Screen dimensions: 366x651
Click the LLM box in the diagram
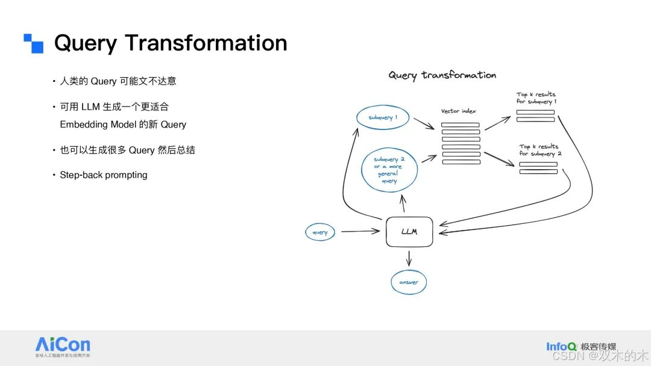409,231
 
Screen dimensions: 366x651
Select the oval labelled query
320,232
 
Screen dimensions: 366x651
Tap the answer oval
408,282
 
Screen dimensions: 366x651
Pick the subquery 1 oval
383,117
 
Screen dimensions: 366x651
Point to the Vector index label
459,111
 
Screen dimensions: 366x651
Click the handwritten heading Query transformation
442,75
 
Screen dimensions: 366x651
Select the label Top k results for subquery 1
536,98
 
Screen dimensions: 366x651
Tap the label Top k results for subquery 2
540,150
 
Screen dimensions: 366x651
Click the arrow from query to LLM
360,231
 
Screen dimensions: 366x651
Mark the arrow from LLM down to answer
409,258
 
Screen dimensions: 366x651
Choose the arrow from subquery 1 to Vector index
424,123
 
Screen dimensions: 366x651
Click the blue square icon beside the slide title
34,43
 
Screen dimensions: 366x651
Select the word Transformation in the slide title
206,43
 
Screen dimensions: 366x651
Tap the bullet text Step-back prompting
104,175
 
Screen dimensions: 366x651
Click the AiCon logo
63,346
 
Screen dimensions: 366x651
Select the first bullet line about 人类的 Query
118,81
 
